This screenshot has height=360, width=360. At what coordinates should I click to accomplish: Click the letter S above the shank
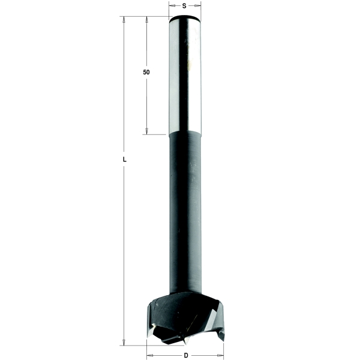click(184, 6)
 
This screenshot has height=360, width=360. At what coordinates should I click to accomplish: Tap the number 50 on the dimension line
click(146, 72)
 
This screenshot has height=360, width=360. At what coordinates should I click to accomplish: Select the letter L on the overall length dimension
click(124, 160)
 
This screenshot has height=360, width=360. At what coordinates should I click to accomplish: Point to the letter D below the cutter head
click(186, 355)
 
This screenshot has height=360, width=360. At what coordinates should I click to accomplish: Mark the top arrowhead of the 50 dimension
click(146, 20)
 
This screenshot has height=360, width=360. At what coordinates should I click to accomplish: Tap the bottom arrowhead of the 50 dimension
click(146, 131)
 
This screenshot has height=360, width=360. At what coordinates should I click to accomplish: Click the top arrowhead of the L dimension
click(124, 20)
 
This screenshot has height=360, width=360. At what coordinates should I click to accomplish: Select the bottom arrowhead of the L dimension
click(124, 342)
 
